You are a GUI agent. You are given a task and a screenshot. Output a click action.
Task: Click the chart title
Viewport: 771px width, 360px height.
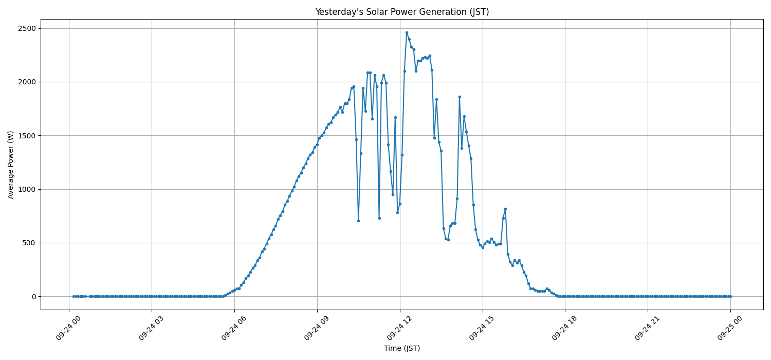point(402,12)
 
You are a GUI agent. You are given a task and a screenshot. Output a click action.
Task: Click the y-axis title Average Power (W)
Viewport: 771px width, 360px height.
point(11,165)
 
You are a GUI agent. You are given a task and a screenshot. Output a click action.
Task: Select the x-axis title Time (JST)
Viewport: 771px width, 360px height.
point(402,348)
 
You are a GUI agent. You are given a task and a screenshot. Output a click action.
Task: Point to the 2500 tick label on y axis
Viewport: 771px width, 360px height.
point(26,28)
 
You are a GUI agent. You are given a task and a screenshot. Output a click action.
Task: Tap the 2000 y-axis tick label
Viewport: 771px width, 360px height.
point(26,82)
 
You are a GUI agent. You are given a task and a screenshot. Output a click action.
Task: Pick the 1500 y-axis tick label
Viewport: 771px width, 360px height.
point(26,136)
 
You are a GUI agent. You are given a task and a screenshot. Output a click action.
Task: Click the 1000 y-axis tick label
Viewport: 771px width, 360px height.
point(26,189)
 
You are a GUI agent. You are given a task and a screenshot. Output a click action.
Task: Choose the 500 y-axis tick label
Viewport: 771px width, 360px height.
point(29,243)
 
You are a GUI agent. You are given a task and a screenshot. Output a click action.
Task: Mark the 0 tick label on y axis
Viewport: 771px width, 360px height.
point(34,297)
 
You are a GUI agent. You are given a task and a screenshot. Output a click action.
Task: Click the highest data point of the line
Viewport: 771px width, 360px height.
point(407,32)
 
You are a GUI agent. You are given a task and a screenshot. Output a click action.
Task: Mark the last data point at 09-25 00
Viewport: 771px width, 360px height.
point(730,296)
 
